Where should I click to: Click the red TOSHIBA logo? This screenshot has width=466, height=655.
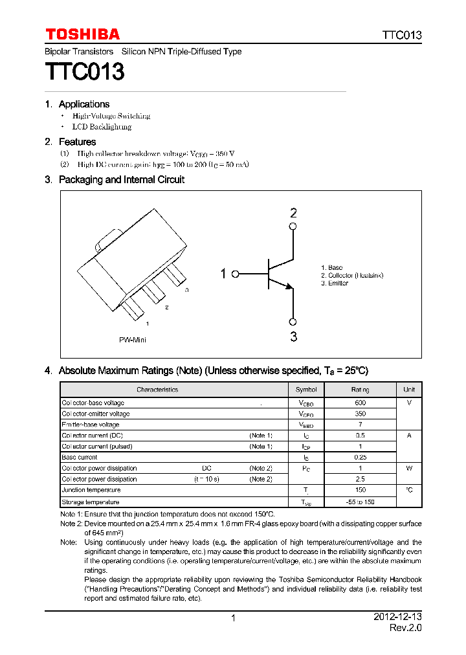click(x=82, y=34)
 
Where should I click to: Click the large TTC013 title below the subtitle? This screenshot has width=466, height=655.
click(x=84, y=71)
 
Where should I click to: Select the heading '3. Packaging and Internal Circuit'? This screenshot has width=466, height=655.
click(x=115, y=179)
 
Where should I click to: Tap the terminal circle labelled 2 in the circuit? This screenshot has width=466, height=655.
click(x=293, y=226)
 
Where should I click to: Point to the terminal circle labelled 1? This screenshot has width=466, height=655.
click(x=236, y=274)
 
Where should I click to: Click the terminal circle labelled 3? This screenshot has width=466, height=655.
click(x=293, y=322)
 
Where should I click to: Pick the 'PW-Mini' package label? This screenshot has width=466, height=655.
click(x=132, y=340)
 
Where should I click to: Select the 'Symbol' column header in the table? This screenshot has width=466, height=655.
click(x=306, y=390)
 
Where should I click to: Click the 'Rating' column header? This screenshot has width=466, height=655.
click(x=360, y=390)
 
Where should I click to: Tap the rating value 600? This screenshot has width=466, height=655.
click(x=360, y=403)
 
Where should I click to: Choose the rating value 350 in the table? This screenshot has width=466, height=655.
click(x=360, y=414)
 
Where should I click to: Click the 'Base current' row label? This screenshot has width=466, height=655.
click(x=80, y=457)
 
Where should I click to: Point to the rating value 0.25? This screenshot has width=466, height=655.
click(x=360, y=457)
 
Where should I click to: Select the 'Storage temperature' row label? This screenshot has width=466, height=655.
click(x=91, y=502)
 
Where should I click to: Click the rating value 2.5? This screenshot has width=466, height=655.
click(x=360, y=479)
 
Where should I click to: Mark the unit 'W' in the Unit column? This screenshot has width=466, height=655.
click(x=409, y=468)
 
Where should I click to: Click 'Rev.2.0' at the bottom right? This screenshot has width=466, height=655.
click(x=405, y=628)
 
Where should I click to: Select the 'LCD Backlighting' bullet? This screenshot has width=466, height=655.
click(x=102, y=127)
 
